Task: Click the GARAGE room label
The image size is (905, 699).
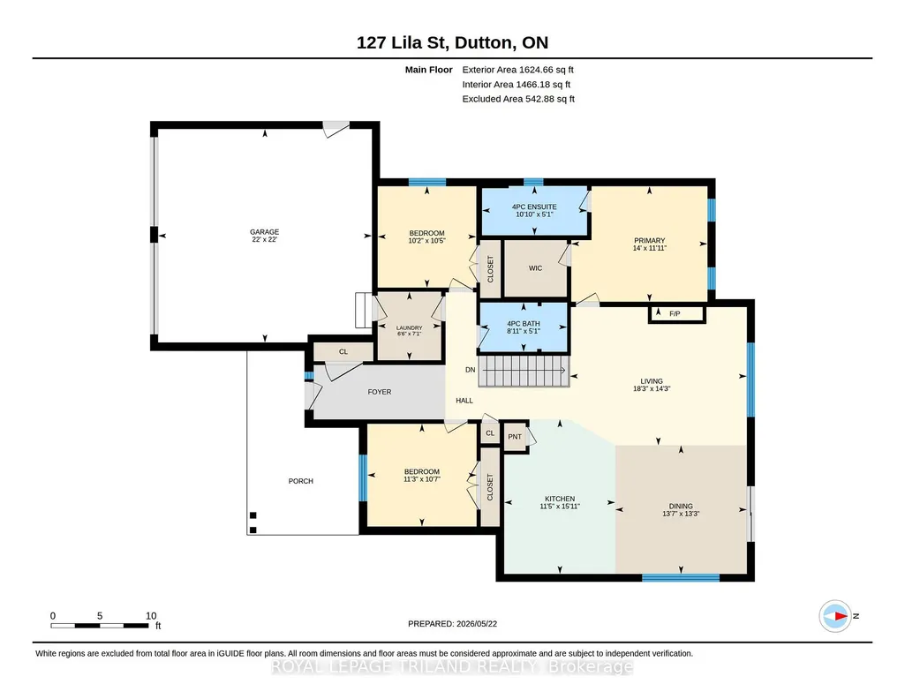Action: coord(264,232)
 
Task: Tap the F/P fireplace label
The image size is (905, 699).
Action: coord(675,313)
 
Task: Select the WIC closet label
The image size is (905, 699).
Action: coord(535,268)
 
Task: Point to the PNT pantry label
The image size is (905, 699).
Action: coord(515,437)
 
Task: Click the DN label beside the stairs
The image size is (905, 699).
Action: coord(471,370)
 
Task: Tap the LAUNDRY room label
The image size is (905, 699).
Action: coord(409,327)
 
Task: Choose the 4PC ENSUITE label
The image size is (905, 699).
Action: coord(534,207)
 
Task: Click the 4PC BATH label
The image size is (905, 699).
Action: coord(524,324)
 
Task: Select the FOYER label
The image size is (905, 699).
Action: coord(379,392)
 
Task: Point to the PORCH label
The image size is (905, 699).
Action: coord(301,481)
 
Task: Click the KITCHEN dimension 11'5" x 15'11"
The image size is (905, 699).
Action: coord(560,507)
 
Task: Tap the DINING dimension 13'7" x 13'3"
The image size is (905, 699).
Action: coord(681,514)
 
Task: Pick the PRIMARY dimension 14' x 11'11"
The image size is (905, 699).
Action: coord(649,248)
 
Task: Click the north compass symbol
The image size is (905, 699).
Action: coord(835,616)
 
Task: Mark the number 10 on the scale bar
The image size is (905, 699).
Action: coord(151,616)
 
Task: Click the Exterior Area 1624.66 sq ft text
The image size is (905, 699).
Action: coord(517,70)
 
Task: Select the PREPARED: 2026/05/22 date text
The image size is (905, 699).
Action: coord(452,623)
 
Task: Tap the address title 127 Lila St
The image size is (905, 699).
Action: coord(402,42)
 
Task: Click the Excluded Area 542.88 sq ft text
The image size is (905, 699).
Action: coord(518,99)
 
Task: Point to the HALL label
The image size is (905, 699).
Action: coord(464,401)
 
